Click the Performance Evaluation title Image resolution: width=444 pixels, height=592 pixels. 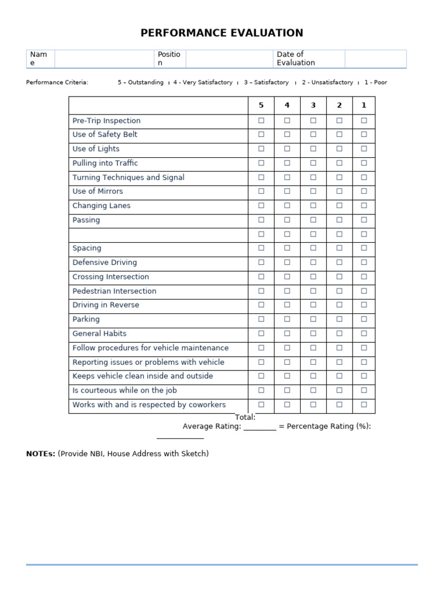[x=222, y=33]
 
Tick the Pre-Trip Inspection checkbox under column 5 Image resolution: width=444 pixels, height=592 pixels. [x=261, y=120]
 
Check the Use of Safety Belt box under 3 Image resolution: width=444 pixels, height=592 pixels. [x=313, y=135]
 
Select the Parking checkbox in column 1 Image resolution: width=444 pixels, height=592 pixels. [x=364, y=319]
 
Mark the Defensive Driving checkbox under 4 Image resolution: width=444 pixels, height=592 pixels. [x=287, y=262]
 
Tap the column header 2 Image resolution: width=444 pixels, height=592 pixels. [x=339, y=105]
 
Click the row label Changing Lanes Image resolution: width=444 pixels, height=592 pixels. [x=102, y=206]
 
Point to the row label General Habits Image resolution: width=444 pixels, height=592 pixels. [x=99, y=334]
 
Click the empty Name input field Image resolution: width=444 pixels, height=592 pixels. [x=104, y=58]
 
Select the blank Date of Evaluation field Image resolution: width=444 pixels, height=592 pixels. [x=376, y=58]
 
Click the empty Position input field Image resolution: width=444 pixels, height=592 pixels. [x=229, y=58]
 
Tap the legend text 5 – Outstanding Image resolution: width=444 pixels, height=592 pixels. [x=140, y=83]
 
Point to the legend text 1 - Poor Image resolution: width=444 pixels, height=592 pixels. [x=376, y=83]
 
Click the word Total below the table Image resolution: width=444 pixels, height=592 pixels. [x=245, y=417]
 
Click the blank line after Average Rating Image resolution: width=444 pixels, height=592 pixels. [x=260, y=427]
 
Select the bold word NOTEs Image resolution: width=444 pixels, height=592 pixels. [x=40, y=454]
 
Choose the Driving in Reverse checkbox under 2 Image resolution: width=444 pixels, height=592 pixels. [x=339, y=305]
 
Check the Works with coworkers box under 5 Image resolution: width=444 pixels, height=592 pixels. [x=261, y=405]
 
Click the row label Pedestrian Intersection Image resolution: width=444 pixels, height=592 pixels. [x=114, y=291]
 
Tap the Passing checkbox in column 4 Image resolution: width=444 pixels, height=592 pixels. [x=287, y=220]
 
